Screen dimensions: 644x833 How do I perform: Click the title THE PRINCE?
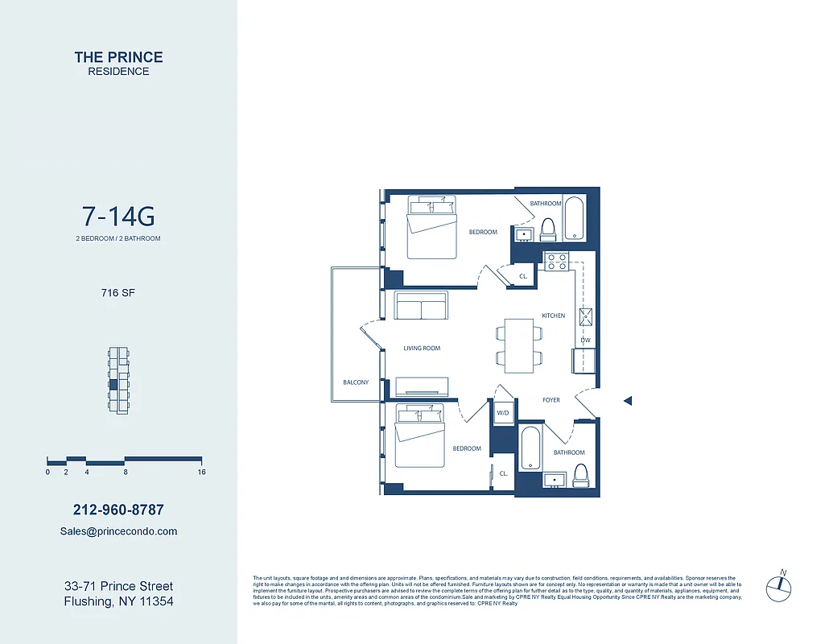pyautogui.click(x=118, y=57)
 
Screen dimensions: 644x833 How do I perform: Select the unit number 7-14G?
pyautogui.click(x=118, y=217)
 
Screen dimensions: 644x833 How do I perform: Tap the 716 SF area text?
pyautogui.click(x=118, y=293)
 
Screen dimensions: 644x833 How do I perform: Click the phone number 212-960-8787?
pyautogui.click(x=118, y=510)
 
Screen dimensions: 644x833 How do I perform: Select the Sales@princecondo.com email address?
pyautogui.click(x=118, y=531)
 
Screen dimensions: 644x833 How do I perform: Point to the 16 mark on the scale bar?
pyautogui.click(x=201, y=473)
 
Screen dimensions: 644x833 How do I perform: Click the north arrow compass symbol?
pyautogui.click(x=777, y=585)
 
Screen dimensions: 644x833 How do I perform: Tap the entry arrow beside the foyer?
pyautogui.click(x=629, y=400)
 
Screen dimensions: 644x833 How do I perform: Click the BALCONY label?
pyautogui.click(x=355, y=382)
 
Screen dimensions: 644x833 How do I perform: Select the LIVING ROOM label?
pyautogui.click(x=422, y=349)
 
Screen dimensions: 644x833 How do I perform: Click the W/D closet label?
pyautogui.click(x=503, y=413)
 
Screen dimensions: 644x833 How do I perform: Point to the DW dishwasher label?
pyautogui.click(x=586, y=341)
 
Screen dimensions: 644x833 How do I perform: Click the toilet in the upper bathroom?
pyautogui.click(x=549, y=229)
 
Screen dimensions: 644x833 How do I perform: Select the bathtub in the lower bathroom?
pyautogui.click(x=530, y=448)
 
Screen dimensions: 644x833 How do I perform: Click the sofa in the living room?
pyautogui.click(x=420, y=306)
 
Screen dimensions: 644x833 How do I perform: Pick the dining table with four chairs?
pyautogui.click(x=519, y=345)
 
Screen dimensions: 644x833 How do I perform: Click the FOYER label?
pyautogui.click(x=551, y=400)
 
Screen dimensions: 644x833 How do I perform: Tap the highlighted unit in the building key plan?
pyautogui.click(x=113, y=385)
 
